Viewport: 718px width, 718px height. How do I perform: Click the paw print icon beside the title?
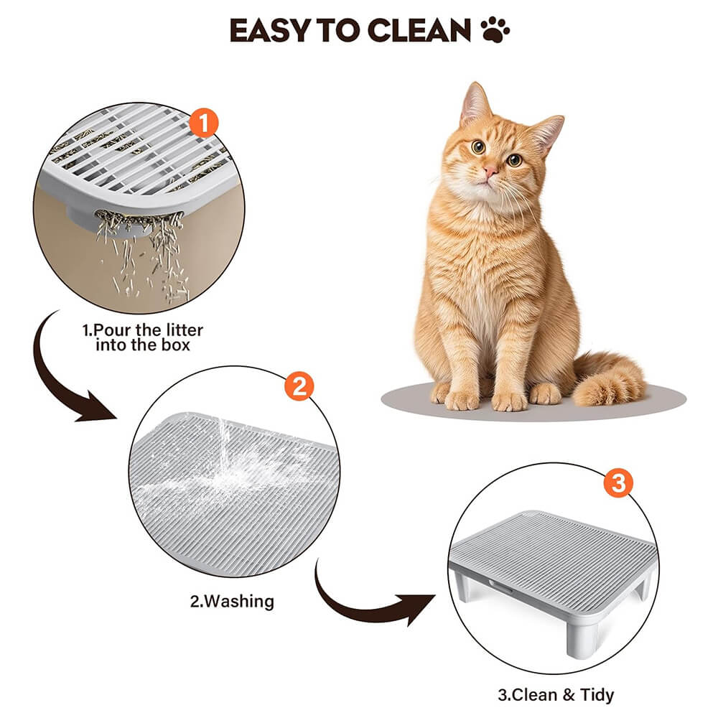(x=495, y=29)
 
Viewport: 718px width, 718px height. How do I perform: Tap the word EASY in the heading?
(x=270, y=31)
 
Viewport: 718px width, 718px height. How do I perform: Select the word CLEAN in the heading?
(x=419, y=31)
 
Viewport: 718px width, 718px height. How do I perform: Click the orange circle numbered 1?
(x=204, y=122)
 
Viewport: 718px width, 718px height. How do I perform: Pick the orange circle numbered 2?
(x=299, y=386)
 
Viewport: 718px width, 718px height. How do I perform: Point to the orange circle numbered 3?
(x=618, y=482)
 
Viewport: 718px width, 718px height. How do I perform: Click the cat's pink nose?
(x=490, y=171)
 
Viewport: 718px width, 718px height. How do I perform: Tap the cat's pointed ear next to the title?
(x=474, y=103)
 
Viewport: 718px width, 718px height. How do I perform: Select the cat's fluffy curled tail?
(x=607, y=380)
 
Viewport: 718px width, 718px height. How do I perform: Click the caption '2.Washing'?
(x=232, y=601)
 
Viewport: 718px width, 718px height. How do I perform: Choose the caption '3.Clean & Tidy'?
(x=556, y=694)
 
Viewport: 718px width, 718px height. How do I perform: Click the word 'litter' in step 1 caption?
(x=185, y=330)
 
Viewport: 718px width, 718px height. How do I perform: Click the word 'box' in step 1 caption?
(x=175, y=345)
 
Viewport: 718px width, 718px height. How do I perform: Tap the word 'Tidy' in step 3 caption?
(x=597, y=694)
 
